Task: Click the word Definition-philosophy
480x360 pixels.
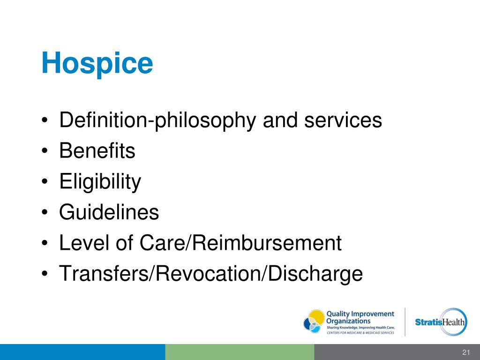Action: (158, 120)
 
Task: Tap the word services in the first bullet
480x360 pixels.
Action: (344, 120)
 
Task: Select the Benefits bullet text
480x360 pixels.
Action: (97, 151)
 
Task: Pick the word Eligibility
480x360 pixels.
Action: (100, 182)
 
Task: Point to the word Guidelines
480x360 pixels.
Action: (109, 212)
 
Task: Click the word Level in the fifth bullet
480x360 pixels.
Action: (81, 243)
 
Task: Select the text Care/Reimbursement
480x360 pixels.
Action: (240, 243)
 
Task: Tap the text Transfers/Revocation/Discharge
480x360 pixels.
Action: (211, 274)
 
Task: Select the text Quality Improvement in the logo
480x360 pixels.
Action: (360, 314)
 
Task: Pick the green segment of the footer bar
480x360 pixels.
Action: (240, 352)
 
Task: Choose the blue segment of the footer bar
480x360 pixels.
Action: (82, 352)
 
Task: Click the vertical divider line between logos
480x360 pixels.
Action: (405, 322)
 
